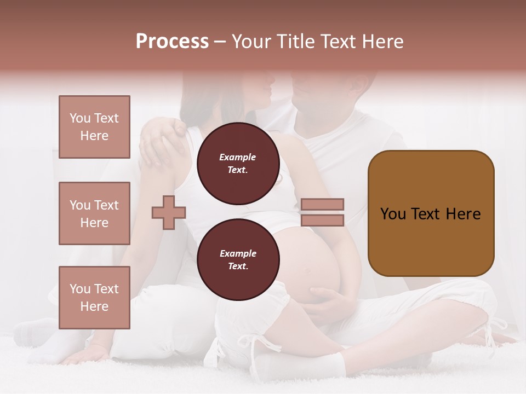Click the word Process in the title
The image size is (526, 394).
click(x=172, y=42)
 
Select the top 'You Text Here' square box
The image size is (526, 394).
click(x=94, y=127)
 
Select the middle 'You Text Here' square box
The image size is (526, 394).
click(x=94, y=213)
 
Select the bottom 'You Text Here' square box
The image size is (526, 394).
click(x=94, y=298)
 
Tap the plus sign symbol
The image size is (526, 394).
click(x=169, y=212)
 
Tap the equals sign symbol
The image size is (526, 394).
click(x=322, y=212)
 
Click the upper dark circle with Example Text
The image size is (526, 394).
click(x=238, y=164)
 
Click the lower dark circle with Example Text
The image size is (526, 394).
click(x=238, y=260)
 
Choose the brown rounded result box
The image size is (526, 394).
click(x=431, y=213)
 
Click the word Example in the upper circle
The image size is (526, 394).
click(x=238, y=157)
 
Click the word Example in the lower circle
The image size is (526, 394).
click(x=238, y=253)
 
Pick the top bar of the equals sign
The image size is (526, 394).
click(x=322, y=205)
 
